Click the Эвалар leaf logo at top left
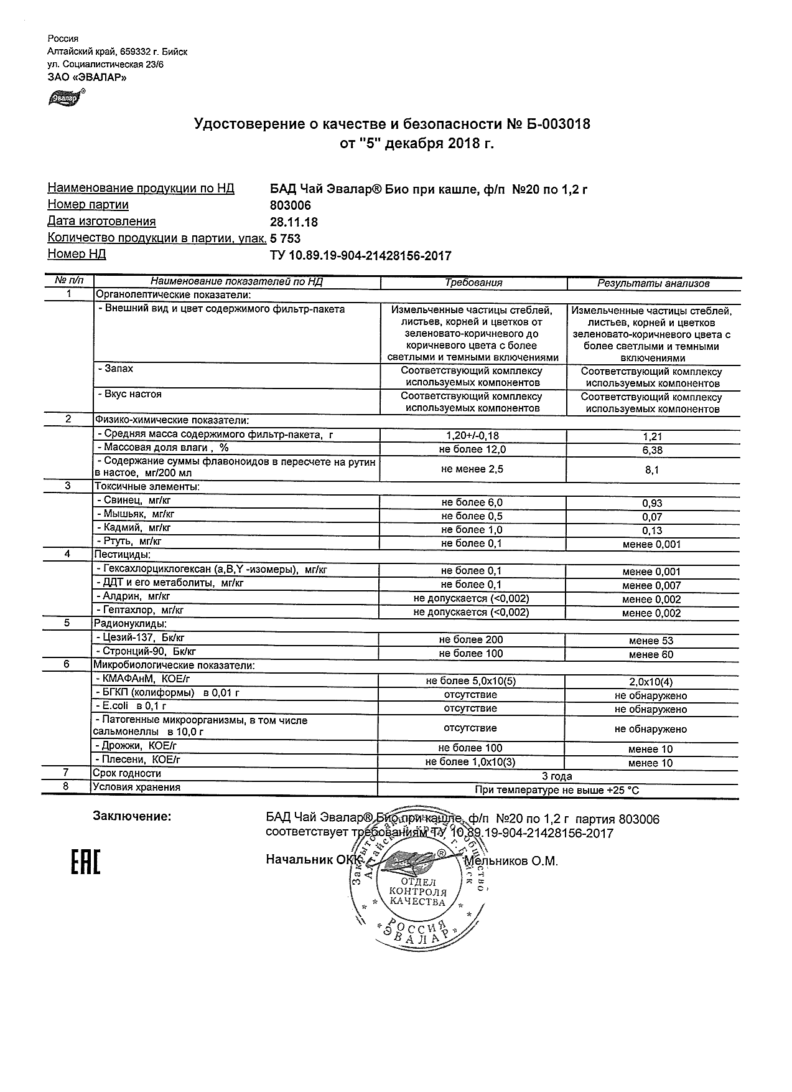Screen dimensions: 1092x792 [x=65, y=98]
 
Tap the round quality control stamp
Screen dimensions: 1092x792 [x=417, y=888]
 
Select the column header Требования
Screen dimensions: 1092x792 [x=473, y=283]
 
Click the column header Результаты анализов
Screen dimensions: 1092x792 [x=653, y=283]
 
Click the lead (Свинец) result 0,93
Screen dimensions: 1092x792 [x=652, y=503]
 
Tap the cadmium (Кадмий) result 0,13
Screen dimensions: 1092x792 [x=652, y=530]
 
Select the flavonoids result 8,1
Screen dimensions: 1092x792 [x=652, y=471]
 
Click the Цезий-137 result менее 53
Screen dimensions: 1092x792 [x=651, y=641]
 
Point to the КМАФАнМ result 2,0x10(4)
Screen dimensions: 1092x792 [x=651, y=682]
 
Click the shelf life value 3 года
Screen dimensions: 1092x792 [x=557, y=776]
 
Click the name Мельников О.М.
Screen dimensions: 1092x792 [x=511, y=861]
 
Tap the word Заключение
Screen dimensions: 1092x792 [x=132, y=816]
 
